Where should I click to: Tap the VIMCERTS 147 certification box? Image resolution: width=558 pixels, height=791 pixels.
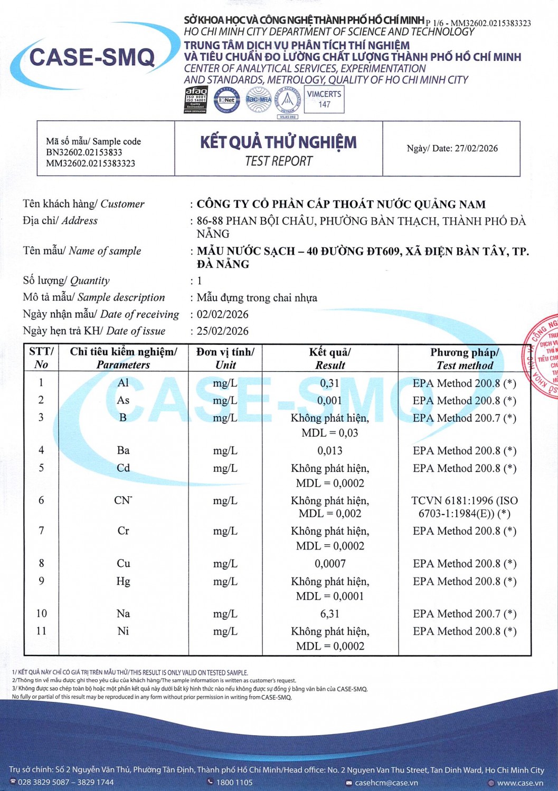(x=324, y=99)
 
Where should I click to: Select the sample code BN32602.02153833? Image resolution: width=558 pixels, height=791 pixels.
(x=84, y=152)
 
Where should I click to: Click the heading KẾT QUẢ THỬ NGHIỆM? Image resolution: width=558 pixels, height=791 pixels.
(x=278, y=142)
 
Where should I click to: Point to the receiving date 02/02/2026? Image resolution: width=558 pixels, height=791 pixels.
(x=222, y=314)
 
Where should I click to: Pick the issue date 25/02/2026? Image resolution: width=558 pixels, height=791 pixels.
(x=222, y=331)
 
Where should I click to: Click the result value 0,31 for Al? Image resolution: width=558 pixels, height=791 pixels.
(x=330, y=383)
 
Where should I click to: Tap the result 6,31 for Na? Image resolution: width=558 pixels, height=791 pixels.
(x=330, y=614)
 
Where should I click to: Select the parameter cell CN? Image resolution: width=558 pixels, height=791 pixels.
(x=123, y=500)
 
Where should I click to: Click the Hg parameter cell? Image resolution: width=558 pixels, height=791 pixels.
(x=123, y=581)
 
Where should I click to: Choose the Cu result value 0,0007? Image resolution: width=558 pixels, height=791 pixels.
(x=330, y=564)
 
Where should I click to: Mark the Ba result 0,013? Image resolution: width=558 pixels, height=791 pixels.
(x=330, y=451)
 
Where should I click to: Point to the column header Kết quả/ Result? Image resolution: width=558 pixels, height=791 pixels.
(x=330, y=359)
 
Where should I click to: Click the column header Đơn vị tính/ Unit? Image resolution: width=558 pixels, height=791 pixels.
(x=225, y=359)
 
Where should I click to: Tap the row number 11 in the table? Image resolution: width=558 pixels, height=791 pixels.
(x=41, y=631)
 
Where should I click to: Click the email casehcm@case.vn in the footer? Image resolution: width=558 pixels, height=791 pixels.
(x=386, y=783)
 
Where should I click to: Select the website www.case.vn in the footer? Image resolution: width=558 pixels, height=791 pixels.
(x=519, y=783)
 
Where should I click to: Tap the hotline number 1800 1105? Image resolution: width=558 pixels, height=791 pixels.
(x=234, y=783)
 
